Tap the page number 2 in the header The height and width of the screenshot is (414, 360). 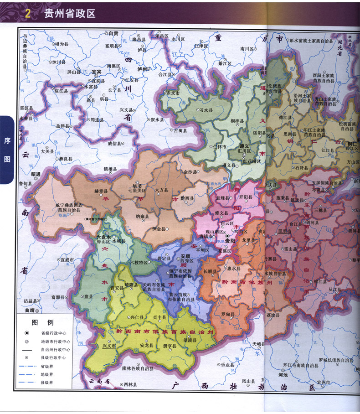pos(27,14)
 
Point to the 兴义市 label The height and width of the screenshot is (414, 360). pos(110,346)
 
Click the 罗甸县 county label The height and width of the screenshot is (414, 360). pos(227,315)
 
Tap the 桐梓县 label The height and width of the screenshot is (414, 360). pos(237,121)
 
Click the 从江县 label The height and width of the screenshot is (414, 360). pos(334,288)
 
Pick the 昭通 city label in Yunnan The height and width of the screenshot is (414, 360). pos(36,174)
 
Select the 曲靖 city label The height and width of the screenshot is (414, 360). pos(30,310)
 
